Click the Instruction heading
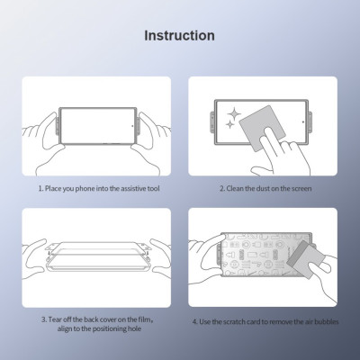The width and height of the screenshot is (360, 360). [x=180, y=36]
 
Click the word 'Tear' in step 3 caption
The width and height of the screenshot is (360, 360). [x=57, y=319]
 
